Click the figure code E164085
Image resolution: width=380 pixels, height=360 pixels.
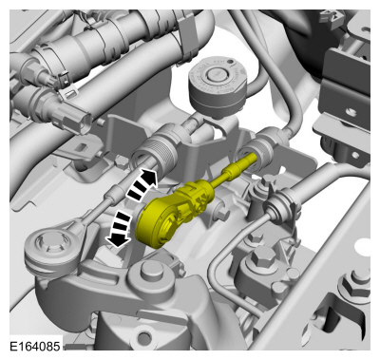(34, 347)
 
